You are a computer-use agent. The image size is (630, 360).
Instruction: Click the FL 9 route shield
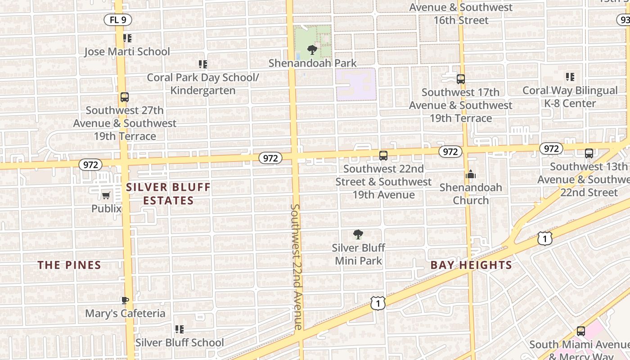tap(118, 20)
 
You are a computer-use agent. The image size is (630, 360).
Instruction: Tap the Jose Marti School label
tap(127, 52)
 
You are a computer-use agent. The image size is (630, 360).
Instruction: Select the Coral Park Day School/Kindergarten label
tap(203, 84)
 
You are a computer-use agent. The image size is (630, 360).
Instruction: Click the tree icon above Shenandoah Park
tap(312, 50)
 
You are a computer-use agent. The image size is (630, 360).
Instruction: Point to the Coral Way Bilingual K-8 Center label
tap(570, 97)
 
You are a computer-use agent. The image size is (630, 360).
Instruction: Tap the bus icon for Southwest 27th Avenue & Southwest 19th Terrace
tap(125, 97)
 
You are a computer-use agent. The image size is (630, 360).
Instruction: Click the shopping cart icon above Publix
tap(106, 195)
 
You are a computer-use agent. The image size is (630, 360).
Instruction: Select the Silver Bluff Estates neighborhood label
tap(168, 194)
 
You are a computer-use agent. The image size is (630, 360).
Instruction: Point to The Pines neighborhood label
tap(69, 265)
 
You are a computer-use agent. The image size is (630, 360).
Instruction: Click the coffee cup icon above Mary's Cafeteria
tap(125, 300)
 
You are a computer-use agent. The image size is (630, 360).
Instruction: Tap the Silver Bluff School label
tap(180, 342)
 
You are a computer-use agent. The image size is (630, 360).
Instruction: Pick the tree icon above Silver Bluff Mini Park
tap(358, 234)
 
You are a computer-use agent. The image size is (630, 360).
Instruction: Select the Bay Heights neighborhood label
tap(471, 265)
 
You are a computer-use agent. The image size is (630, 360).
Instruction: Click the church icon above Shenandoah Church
tap(471, 174)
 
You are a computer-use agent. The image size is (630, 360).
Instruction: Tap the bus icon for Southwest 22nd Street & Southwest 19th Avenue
tap(383, 156)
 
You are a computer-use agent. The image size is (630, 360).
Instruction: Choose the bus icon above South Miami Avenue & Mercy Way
tap(581, 332)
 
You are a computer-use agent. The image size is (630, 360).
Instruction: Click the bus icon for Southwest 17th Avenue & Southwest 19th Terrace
tap(460, 79)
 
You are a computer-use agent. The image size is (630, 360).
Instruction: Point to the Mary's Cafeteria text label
tap(125, 313)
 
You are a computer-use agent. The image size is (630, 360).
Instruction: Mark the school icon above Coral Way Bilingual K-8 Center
tap(570, 77)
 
